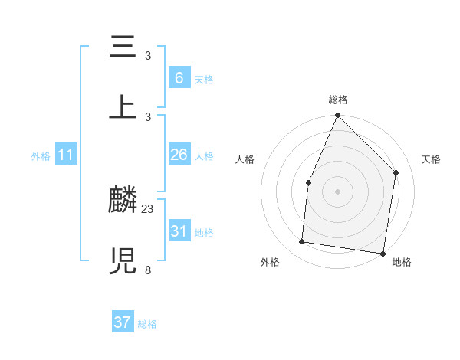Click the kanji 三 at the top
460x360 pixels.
pyautogui.click(x=123, y=47)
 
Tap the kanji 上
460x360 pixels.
pyautogui.click(x=123, y=108)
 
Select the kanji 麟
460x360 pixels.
pyautogui.click(x=123, y=201)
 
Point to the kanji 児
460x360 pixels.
pyautogui.click(x=123, y=261)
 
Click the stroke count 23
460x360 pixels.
pyautogui.click(x=148, y=208)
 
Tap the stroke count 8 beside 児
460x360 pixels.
pyautogui.click(x=148, y=270)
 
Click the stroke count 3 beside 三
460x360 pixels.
pyautogui.click(x=148, y=56)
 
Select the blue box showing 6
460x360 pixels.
pyautogui.click(x=179, y=77)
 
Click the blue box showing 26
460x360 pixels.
pyautogui.click(x=179, y=155)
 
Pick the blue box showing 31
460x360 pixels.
pyautogui.click(x=179, y=231)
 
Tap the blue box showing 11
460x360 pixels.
pyautogui.click(x=66, y=155)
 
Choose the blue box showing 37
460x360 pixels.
pyautogui.click(x=123, y=322)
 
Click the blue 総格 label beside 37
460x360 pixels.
pyautogui.click(x=147, y=324)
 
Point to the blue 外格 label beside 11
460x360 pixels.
pyautogui.click(x=41, y=156)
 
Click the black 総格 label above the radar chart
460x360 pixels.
pyautogui.click(x=338, y=100)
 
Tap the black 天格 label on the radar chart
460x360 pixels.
pyautogui.click(x=431, y=159)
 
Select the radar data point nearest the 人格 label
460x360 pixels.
pyautogui.click(x=308, y=182)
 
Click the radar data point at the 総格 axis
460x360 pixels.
pyautogui.click(x=338, y=116)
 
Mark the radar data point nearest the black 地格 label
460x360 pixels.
pyautogui.click(x=383, y=253)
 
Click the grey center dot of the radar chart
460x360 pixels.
pyautogui.click(x=338, y=191)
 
